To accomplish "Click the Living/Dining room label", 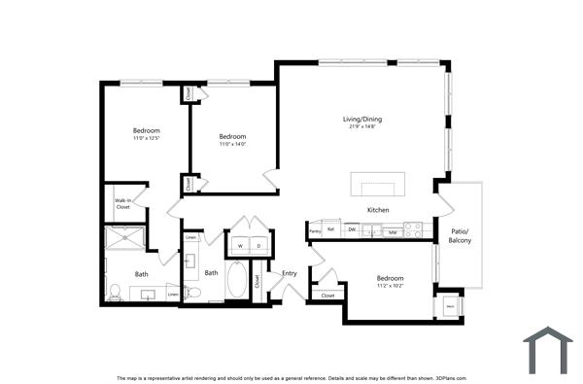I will click(366, 119).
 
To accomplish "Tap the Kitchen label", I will click(378, 210).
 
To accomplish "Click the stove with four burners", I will click(414, 230).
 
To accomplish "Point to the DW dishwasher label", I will click(352, 230).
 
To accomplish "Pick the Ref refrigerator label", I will click(331, 230).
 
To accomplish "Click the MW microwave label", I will click(392, 231).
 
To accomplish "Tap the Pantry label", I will click(315, 231).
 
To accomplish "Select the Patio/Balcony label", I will click(460, 235).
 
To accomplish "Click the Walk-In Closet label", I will click(122, 203).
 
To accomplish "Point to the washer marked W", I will click(239, 246).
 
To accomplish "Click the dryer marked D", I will click(259, 246).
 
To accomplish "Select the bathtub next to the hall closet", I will click(237, 281).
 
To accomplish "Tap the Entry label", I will click(290, 273).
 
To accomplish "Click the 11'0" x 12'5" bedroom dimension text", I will click(147, 138).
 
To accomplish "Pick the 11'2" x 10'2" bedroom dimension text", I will click(390, 287).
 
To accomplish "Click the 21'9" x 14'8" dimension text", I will click(366, 126).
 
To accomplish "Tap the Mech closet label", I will click(450, 306).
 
